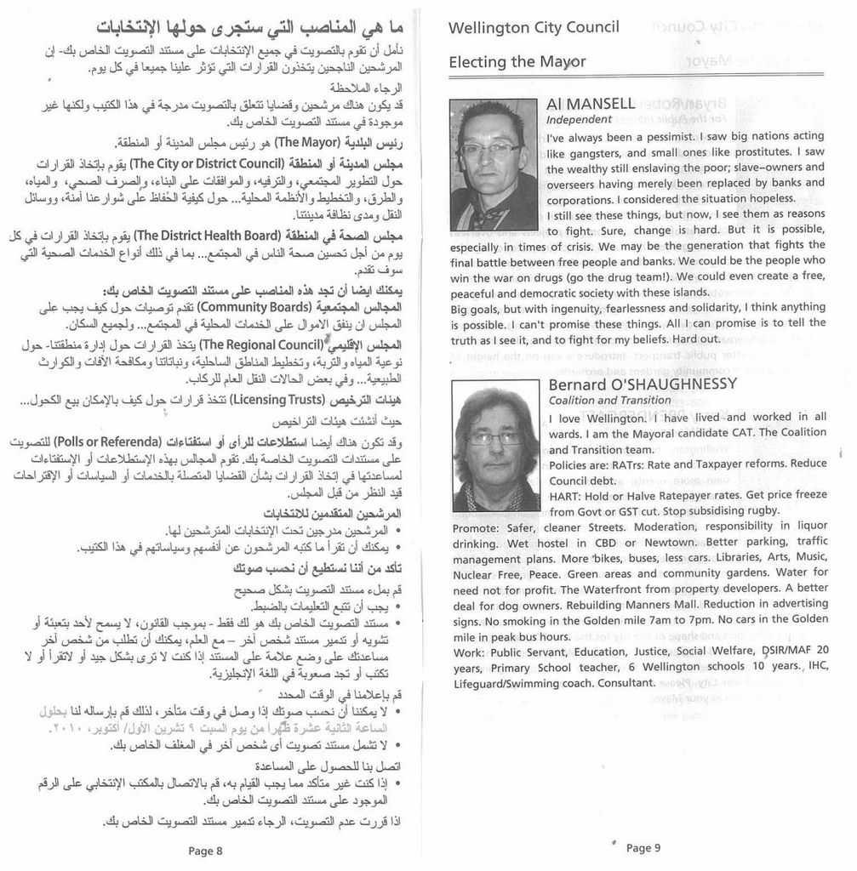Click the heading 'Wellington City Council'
(534, 28)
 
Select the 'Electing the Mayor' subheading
(517, 62)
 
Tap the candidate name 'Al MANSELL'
(591, 104)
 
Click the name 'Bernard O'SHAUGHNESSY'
(643, 384)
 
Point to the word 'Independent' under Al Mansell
(579, 120)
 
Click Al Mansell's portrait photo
(494, 165)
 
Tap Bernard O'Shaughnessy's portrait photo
(496, 446)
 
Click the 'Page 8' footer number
(205, 850)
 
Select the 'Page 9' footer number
(643, 847)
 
